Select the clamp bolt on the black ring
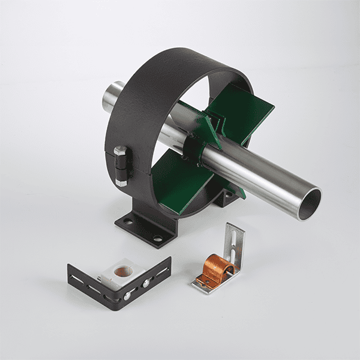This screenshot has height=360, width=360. click(x=122, y=163)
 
